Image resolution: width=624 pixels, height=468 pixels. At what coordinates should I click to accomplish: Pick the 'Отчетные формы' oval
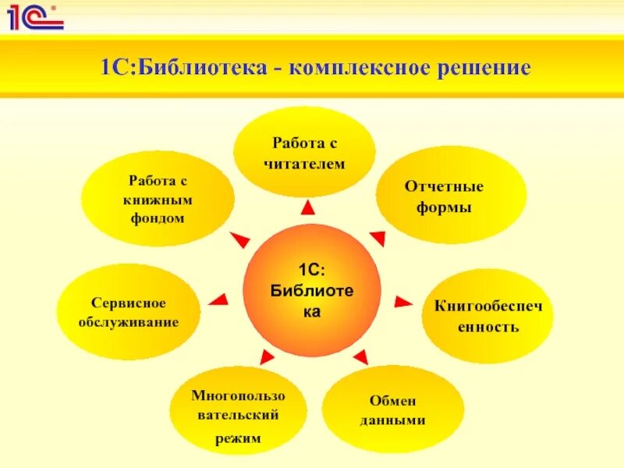[x=444, y=197]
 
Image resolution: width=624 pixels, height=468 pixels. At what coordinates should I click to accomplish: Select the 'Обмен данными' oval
[x=393, y=409]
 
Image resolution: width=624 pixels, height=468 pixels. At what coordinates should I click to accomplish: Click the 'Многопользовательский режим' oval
[x=239, y=417]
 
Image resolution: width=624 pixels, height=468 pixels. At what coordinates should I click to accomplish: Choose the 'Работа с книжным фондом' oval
[x=158, y=199]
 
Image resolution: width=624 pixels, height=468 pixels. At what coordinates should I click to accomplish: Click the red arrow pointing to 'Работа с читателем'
[x=308, y=207]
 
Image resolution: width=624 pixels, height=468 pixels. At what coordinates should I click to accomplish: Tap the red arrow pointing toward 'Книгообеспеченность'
[x=402, y=301]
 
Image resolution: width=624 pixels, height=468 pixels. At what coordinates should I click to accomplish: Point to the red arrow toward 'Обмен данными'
[x=360, y=357]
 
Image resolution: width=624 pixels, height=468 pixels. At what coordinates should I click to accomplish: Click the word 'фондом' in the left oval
[x=158, y=218]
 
